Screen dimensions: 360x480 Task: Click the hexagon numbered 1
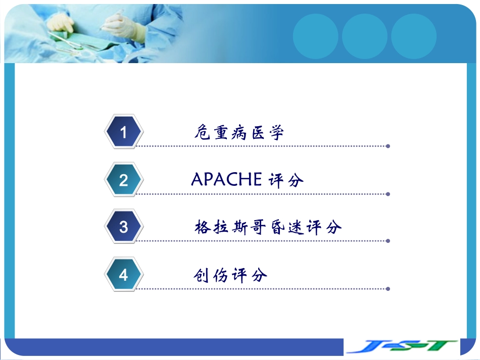click(124, 132)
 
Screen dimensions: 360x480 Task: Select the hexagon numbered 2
click(124, 180)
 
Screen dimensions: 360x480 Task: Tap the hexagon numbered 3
click(124, 227)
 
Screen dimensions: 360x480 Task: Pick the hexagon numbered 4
click(124, 275)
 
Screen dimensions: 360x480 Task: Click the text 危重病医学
click(239, 133)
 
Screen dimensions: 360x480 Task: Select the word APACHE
click(226, 179)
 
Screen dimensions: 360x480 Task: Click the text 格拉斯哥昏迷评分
click(268, 227)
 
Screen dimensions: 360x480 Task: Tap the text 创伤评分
click(230, 275)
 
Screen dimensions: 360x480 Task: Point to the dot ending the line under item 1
click(388, 146)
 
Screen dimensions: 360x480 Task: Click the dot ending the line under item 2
click(388, 193)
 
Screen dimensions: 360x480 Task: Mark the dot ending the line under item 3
click(388, 241)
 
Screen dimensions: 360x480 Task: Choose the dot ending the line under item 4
click(388, 289)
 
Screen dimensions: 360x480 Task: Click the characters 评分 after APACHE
click(286, 180)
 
